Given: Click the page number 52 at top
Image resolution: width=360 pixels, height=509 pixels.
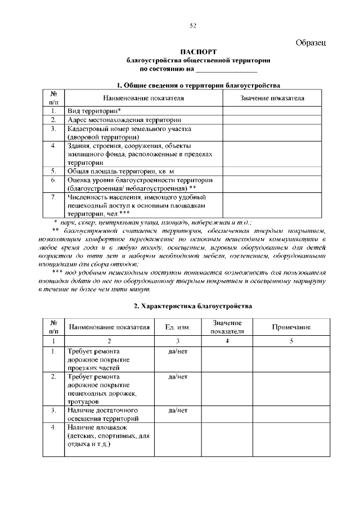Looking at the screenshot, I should coord(193,25).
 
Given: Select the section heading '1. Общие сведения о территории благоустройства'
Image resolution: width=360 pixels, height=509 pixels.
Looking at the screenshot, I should coord(198,85).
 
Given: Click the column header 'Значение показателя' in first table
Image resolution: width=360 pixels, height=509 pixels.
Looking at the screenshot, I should coord(272,98).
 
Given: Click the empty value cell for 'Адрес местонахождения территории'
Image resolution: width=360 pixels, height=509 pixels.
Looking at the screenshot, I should coord(272,120).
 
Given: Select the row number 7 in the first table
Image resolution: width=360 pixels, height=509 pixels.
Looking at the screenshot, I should coord(53,197).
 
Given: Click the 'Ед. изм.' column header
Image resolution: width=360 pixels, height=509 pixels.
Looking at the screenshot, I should coord(178,327).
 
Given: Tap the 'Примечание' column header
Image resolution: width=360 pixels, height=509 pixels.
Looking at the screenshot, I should coord(291,327).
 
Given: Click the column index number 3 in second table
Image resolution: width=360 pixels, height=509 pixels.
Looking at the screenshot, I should coord(178,341).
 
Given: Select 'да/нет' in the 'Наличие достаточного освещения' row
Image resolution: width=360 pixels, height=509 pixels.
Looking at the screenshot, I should coord(178,411).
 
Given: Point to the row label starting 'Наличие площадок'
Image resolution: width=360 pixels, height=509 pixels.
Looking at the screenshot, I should coord(93,428).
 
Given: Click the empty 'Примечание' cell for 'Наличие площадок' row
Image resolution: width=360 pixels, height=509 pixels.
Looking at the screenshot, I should coord(291,440).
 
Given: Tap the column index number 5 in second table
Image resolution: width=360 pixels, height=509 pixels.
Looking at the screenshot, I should coord(291,341).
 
